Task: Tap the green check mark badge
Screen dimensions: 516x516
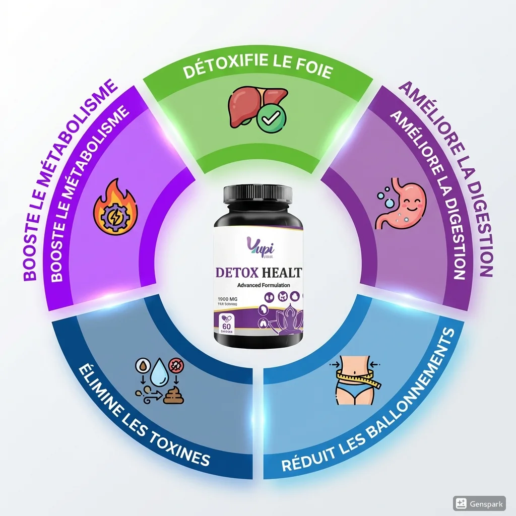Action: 271,119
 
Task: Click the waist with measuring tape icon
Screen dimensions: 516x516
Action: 355,379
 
